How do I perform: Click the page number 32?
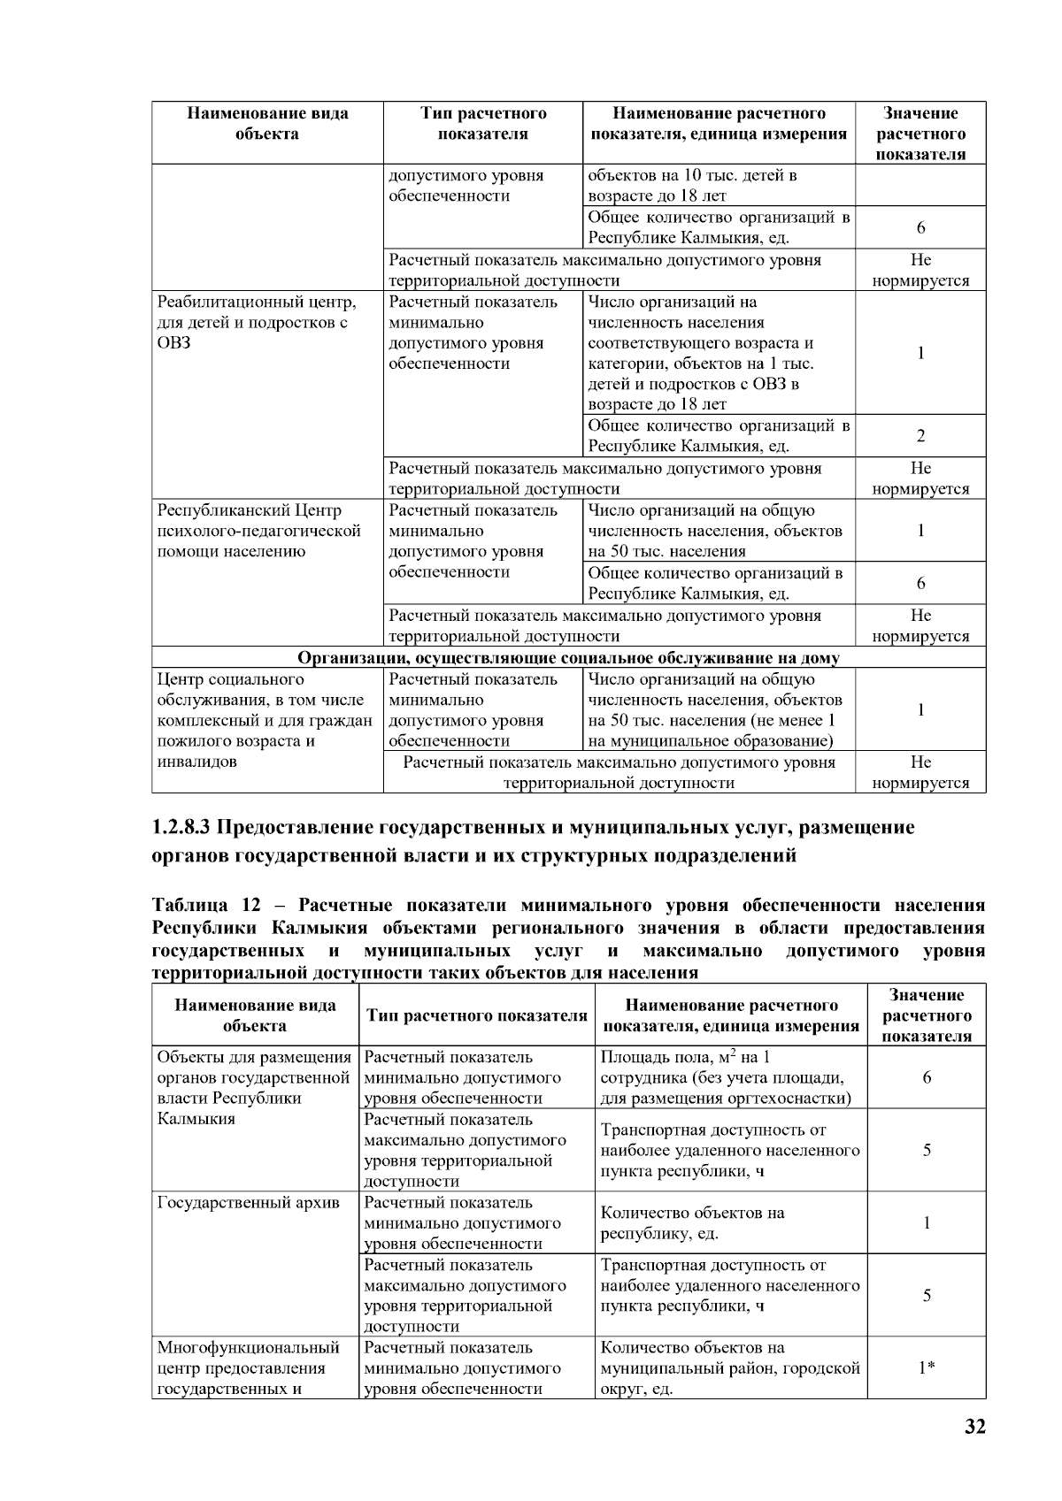click(x=973, y=1427)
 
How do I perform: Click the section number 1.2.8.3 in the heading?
click(x=181, y=828)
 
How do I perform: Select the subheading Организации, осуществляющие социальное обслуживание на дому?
click(x=568, y=658)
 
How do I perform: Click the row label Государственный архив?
click(x=248, y=1203)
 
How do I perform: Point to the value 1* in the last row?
click(x=926, y=1367)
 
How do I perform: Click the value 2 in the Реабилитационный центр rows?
click(x=920, y=435)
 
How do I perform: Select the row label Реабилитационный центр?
click(x=256, y=323)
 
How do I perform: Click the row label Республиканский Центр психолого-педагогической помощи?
click(x=258, y=531)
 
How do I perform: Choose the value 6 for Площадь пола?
click(x=926, y=1077)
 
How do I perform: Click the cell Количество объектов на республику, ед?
click(x=693, y=1223)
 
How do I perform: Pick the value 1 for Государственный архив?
click(x=926, y=1223)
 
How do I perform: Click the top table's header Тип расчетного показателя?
click(x=483, y=124)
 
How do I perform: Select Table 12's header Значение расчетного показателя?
click(x=926, y=1015)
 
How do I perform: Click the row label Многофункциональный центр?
click(x=248, y=1367)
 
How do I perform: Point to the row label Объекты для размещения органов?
click(x=253, y=1088)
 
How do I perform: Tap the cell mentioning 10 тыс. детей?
click(x=692, y=185)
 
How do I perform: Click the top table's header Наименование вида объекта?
click(x=266, y=124)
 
